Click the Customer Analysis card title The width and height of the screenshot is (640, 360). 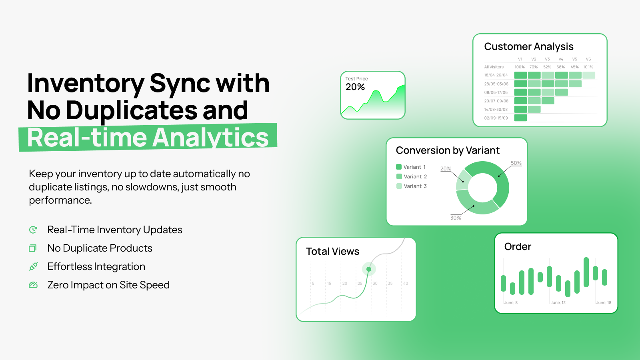pos(528,46)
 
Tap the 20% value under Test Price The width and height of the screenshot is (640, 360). pos(355,87)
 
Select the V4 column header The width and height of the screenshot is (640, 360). pos(561,59)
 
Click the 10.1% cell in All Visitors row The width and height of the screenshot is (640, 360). pos(588,67)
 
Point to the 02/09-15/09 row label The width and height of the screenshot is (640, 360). pos(496,118)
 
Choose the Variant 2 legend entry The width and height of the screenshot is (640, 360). pos(412,176)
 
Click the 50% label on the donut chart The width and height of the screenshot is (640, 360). pos(516,163)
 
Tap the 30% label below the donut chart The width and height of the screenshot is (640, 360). pos(456,218)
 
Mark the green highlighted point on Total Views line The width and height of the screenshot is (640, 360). pos(369,269)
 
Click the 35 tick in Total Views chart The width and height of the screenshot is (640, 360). pos(390,284)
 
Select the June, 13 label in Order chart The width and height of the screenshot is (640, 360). pos(558,302)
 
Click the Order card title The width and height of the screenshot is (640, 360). pos(518,246)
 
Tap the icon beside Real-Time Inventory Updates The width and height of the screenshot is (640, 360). pos(33,230)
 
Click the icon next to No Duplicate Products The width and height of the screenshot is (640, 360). pos(33,248)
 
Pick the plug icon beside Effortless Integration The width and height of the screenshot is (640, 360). pos(34,266)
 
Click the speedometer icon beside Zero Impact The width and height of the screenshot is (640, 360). pos(33,285)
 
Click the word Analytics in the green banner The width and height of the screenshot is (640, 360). pos(210,138)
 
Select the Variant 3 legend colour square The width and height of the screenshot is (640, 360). pos(399,186)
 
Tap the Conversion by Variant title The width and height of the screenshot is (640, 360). pos(448,150)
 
